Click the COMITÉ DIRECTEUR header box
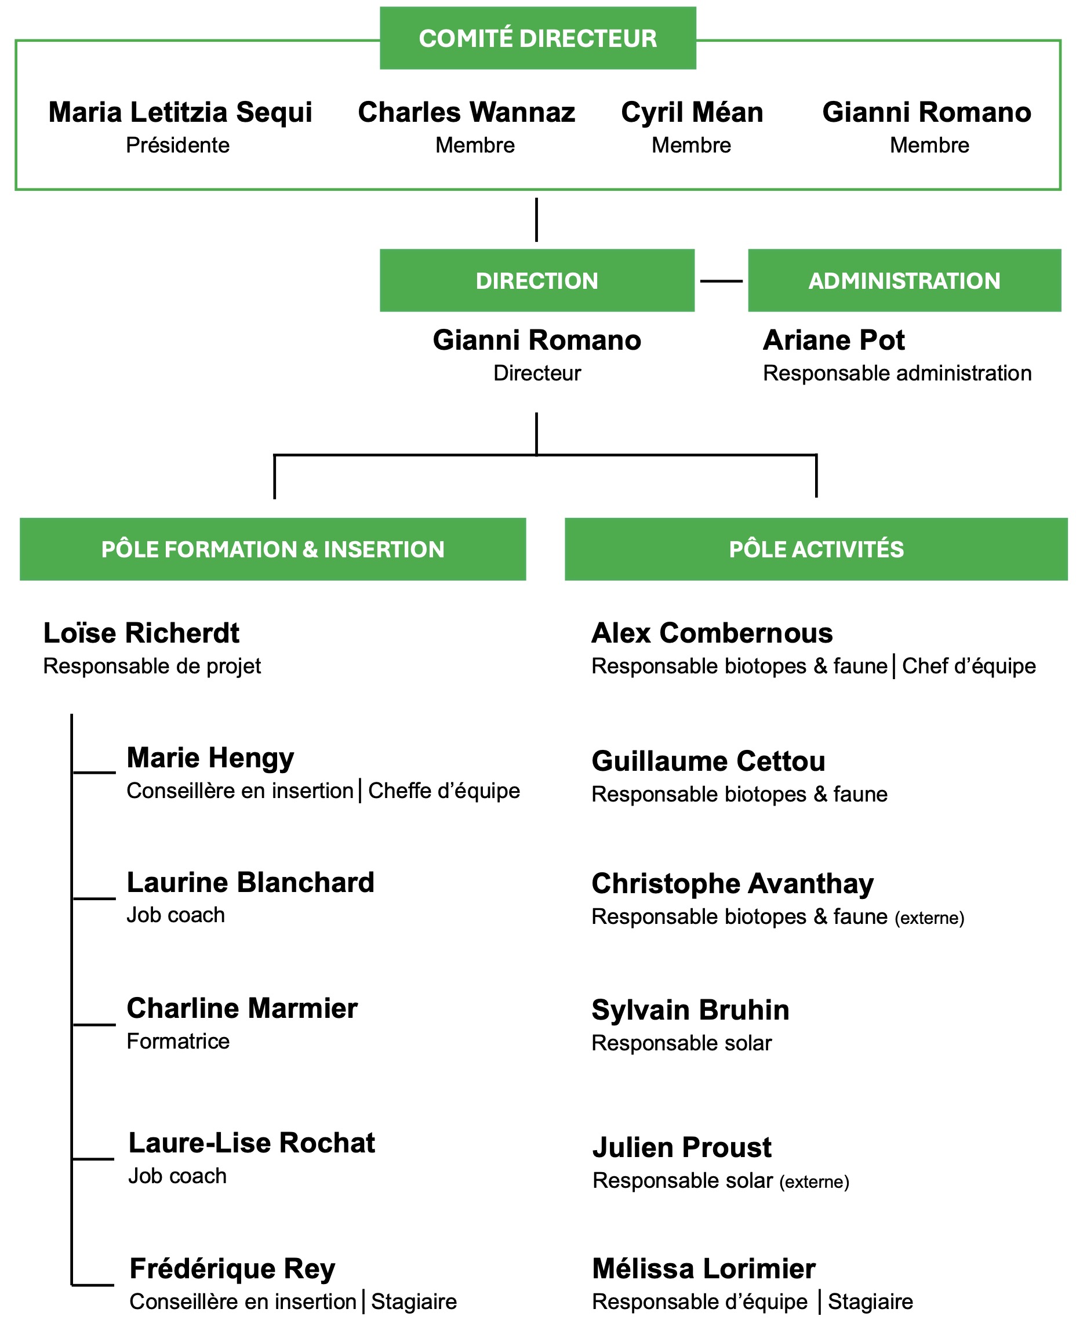point(537,38)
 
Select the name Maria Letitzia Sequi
point(180,113)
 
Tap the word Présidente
point(178,145)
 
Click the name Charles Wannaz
point(467,113)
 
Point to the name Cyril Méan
point(692,113)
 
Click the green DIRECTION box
point(537,280)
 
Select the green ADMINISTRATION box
point(904,280)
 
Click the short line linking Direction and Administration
point(721,281)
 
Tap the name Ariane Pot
point(834,340)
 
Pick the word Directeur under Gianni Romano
point(537,374)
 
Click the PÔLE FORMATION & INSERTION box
point(272,549)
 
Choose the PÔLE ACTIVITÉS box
point(816,549)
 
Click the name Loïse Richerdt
point(141,633)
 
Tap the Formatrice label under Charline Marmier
point(178,1041)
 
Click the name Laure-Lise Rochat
point(252,1143)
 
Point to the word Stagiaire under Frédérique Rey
point(414,1301)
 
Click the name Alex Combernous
point(712,633)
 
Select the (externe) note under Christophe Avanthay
point(930,918)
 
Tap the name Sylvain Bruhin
point(690,1010)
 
